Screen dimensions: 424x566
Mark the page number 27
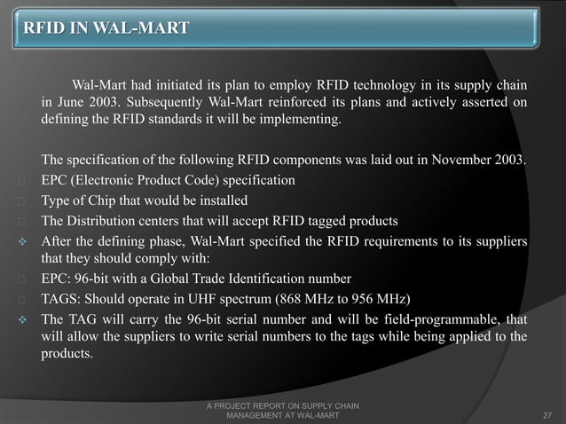pos(546,414)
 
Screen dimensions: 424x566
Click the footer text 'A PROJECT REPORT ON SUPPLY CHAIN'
pos(282,405)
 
